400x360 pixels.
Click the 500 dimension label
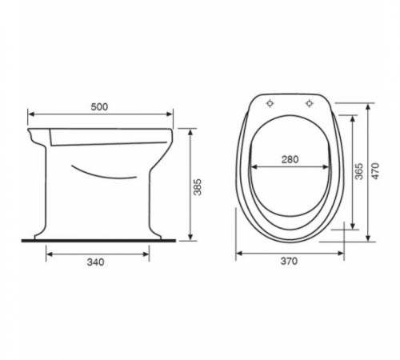pyautogui.click(x=99, y=107)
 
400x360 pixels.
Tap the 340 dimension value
pyautogui.click(x=96, y=262)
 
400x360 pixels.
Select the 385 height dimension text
pyautogui.click(x=198, y=187)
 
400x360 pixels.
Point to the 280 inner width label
pyautogui.click(x=290, y=159)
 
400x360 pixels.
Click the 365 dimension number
pyautogui.click(x=359, y=171)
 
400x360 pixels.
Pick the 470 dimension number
pyautogui.click(x=375, y=171)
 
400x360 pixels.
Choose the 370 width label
pyautogui.click(x=289, y=261)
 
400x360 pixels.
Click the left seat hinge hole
pyautogui.click(x=270, y=103)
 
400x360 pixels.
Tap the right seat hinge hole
pyautogui.click(x=310, y=103)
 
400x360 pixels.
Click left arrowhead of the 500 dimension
pyautogui.click(x=31, y=114)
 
